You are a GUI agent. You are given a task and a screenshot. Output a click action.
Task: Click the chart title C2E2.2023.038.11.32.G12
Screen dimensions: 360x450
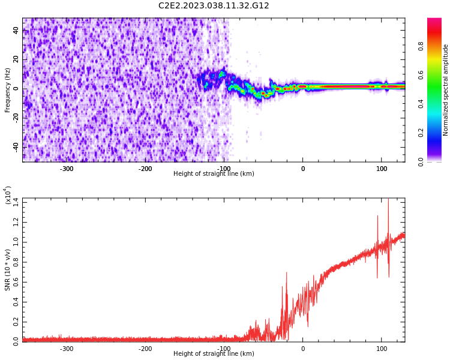[x=214, y=6]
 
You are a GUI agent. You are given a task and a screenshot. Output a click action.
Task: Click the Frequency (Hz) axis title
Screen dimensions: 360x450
[x=8, y=89]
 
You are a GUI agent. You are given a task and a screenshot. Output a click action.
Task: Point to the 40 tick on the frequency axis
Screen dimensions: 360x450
[x=16, y=31]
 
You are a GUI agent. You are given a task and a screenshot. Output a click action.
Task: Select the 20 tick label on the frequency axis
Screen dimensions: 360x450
[x=16, y=59]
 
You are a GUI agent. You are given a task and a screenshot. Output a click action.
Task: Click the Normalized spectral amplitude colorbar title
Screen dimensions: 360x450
[x=446, y=89]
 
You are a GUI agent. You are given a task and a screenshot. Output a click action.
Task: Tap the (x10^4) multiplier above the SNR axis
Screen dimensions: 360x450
[x=8, y=195]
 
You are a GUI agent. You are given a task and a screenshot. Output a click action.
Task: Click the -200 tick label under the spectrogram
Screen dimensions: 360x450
[x=145, y=169]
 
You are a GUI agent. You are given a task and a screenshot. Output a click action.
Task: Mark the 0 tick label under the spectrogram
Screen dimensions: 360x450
[x=303, y=169]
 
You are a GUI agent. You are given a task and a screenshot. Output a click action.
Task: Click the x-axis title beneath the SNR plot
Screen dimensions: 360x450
[x=214, y=354]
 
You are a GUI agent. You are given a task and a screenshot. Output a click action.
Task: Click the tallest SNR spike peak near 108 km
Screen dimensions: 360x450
[x=388, y=199]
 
